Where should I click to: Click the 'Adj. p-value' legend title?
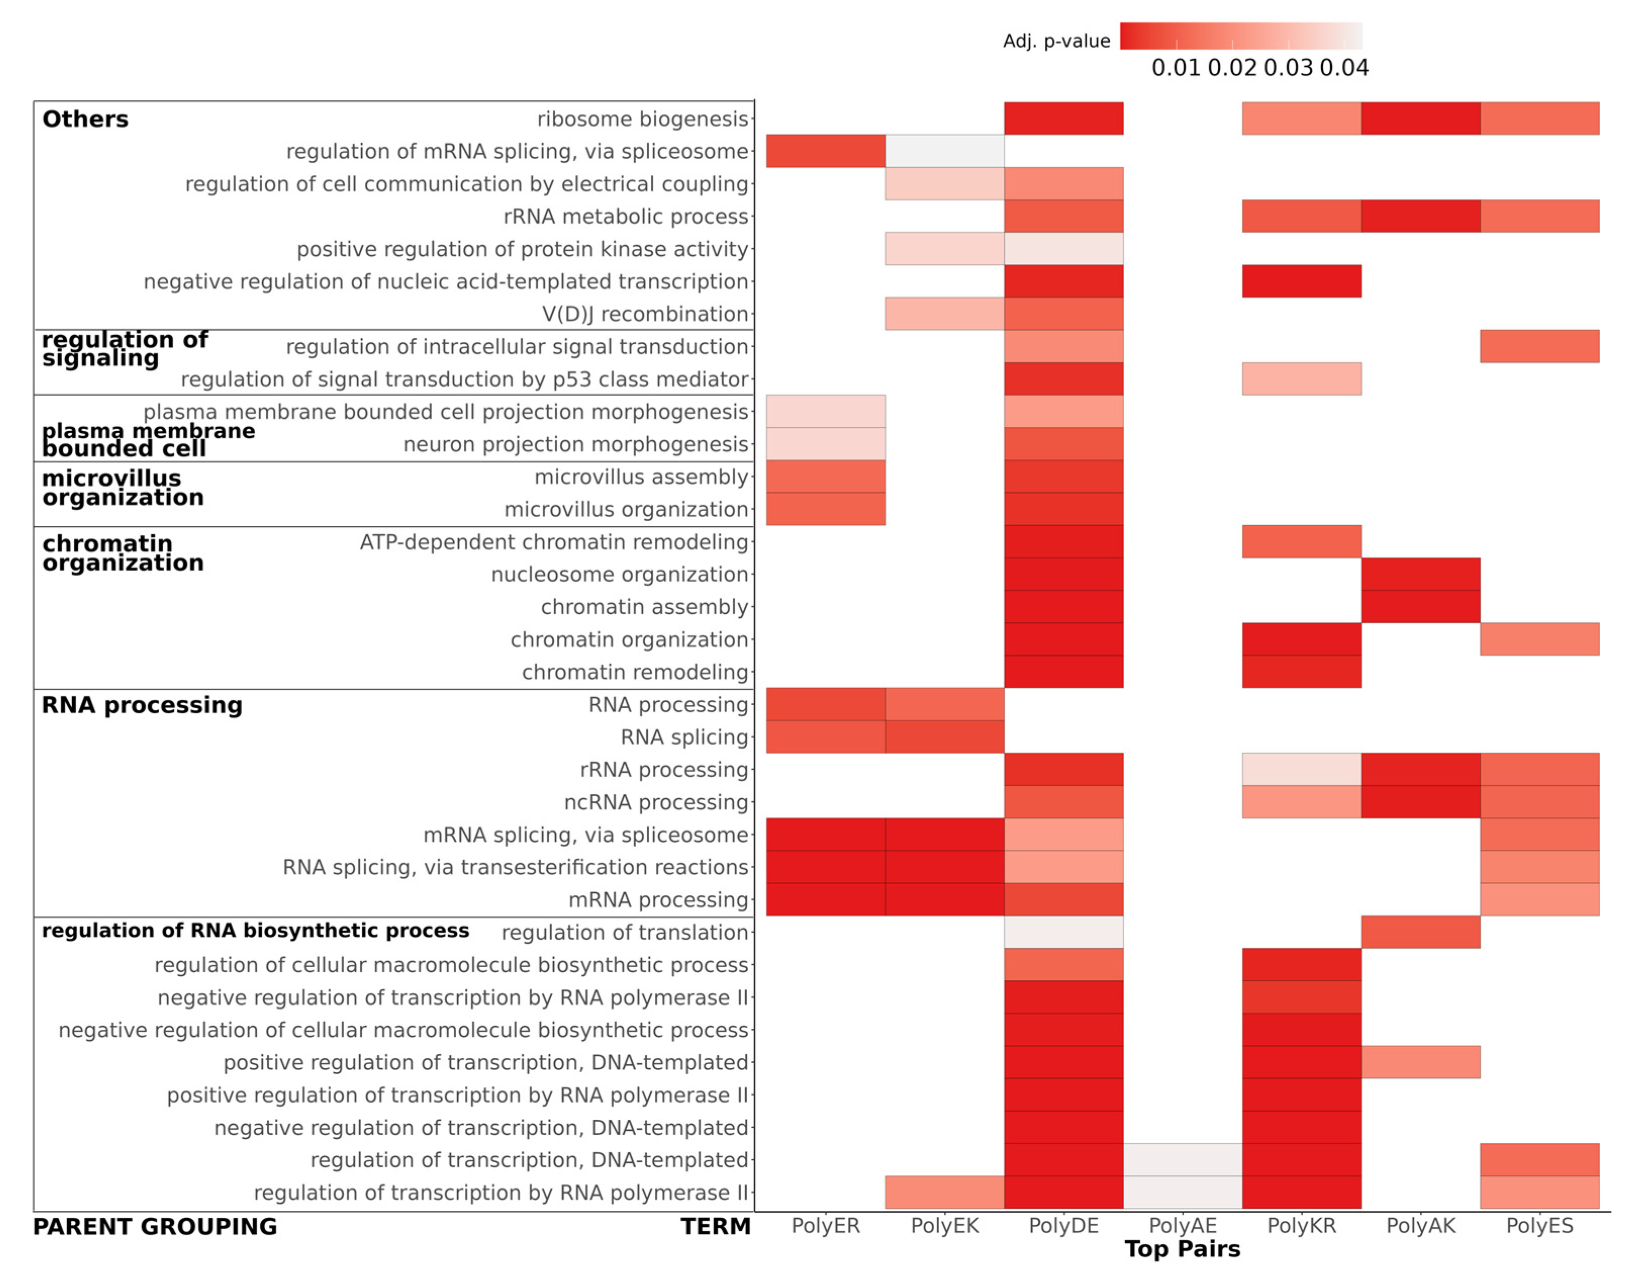pos(1056,41)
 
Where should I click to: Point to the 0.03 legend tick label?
pos(1288,68)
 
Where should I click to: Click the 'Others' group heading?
pos(85,119)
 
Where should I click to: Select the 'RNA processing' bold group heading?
pos(142,705)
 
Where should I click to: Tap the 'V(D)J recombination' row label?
pos(645,314)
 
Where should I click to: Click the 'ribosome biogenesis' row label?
pos(642,119)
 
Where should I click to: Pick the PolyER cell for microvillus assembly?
pos(826,477)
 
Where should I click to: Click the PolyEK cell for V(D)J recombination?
pos(944,314)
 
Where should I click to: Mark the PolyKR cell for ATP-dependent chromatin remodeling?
pos(1301,541)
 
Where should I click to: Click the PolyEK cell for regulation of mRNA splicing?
pos(944,151)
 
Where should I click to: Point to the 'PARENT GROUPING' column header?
pos(155,1227)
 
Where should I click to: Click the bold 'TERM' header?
pos(715,1227)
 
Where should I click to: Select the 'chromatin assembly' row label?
pos(645,607)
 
